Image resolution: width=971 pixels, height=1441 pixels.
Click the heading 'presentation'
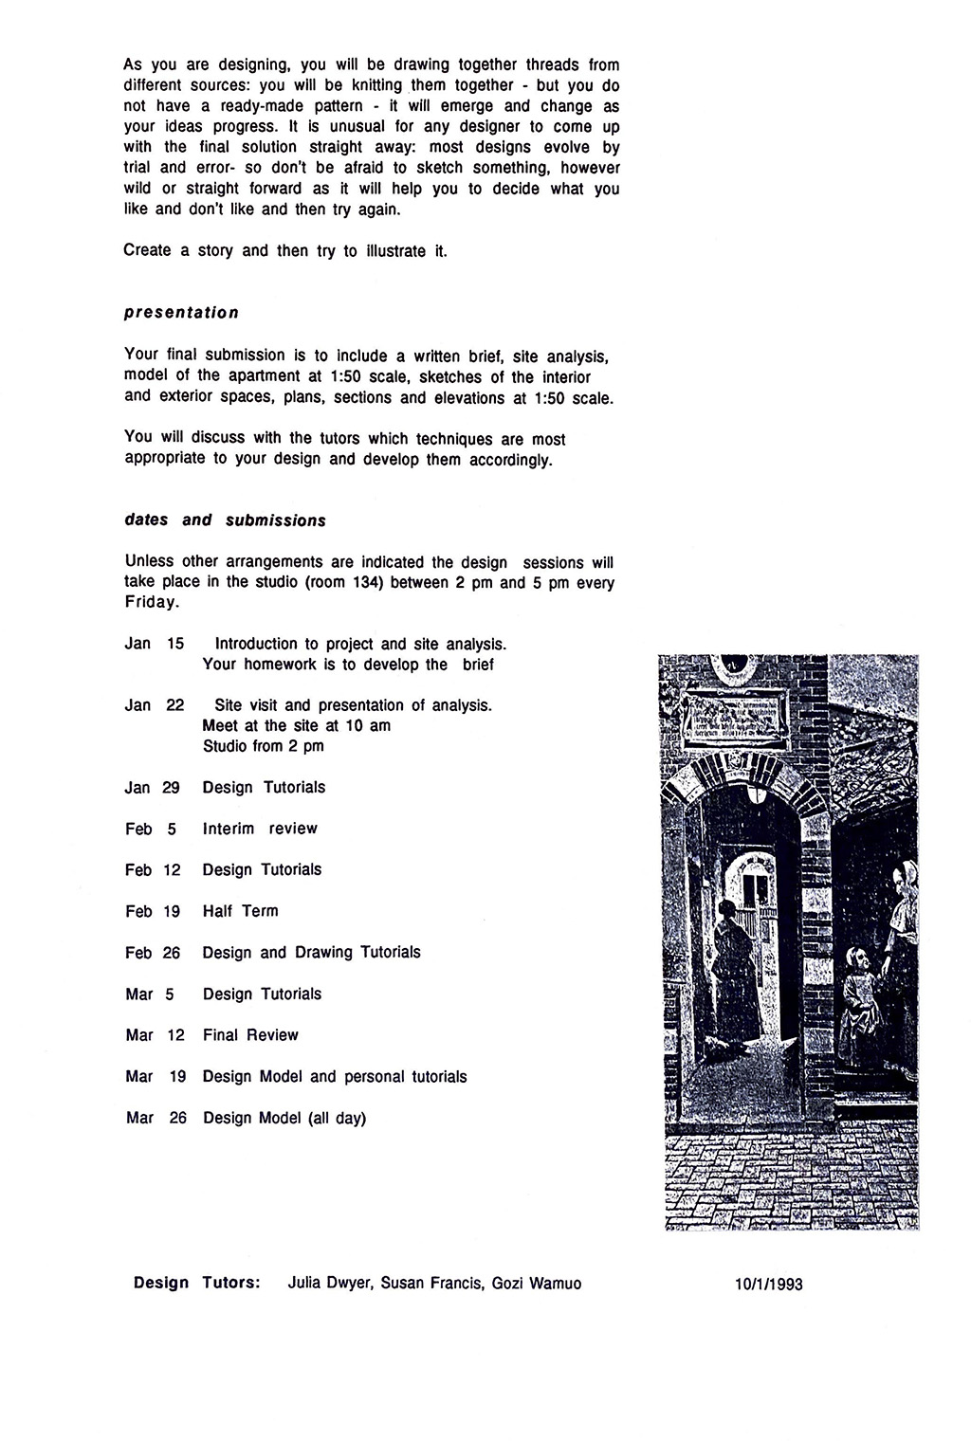181,313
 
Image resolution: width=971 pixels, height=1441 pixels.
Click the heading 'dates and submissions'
225,520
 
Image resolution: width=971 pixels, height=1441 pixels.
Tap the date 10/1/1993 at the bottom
768,1285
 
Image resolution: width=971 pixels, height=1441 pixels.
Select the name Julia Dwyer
329,1284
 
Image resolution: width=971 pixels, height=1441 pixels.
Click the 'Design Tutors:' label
197,1284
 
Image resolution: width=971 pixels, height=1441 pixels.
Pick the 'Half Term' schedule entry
240,911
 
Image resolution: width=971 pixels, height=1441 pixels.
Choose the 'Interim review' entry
260,829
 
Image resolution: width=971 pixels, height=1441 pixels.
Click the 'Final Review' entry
250,1035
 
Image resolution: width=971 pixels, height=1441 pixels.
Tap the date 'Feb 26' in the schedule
153,953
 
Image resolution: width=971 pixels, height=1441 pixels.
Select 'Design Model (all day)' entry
284,1118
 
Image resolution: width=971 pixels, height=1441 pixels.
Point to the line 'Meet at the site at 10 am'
296,726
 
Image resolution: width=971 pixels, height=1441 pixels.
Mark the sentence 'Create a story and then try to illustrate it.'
284,251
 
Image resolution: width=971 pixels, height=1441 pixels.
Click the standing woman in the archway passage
730,958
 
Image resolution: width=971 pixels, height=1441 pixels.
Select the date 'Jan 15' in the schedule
154,644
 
